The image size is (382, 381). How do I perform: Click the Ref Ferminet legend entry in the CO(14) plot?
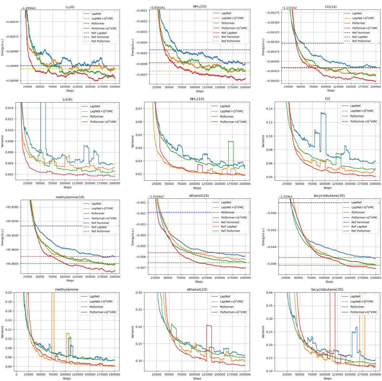coord(361,33)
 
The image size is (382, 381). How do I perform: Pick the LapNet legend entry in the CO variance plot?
coord(356,106)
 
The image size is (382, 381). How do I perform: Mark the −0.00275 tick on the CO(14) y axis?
coord(269,12)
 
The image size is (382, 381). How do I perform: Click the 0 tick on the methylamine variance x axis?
coord(16,374)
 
